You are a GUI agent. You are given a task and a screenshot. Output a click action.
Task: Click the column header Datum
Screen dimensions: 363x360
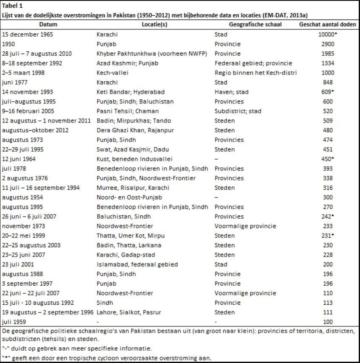click(x=48, y=25)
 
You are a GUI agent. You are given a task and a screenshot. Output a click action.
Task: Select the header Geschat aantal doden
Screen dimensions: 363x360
click(x=328, y=25)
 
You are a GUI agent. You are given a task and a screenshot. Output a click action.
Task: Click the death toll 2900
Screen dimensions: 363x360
click(x=328, y=44)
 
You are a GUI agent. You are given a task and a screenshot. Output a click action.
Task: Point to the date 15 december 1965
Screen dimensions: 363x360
click(x=28, y=34)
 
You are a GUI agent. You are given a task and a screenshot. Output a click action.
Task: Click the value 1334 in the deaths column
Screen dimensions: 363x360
click(x=328, y=63)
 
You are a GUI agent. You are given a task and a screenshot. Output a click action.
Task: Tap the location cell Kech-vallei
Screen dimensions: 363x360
click(x=111, y=73)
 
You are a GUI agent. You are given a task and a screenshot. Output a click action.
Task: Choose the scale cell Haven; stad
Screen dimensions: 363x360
click(x=232, y=92)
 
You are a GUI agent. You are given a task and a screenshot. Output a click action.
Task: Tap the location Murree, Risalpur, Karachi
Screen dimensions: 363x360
click(x=133, y=188)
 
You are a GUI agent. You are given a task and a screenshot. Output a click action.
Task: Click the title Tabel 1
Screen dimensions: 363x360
click(x=13, y=6)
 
